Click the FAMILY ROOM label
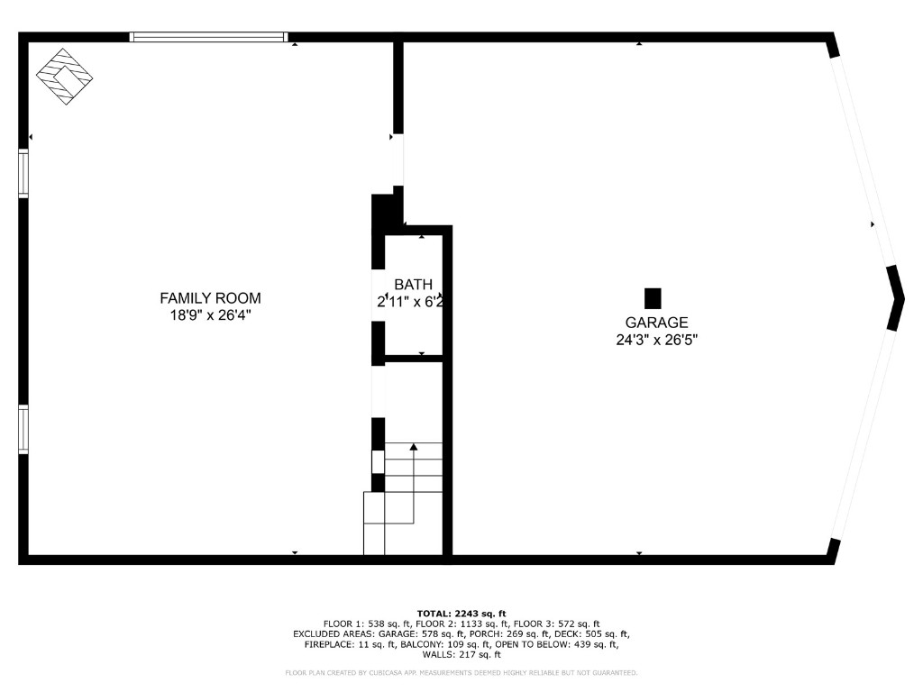click(210, 298)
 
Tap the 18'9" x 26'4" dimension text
click(210, 315)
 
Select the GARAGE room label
click(656, 323)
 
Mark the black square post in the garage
click(653, 297)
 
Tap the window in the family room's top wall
click(208, 37)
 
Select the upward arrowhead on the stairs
click(414, 446)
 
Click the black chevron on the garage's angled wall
click(896, 297)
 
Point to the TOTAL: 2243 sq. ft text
click(461, 613)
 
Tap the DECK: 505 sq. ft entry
click(589, 634)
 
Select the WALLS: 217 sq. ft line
click(461, 655)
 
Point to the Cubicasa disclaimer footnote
click(461, 673)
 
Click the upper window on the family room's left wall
click(23, 172)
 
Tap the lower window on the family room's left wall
click(23, 430)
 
